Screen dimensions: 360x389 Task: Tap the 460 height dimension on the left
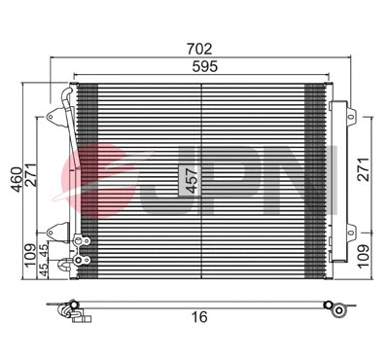(x=15, y=181)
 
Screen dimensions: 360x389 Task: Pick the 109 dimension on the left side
(x=31, y=255)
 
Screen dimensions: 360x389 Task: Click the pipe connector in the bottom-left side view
(x=70, y=310)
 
